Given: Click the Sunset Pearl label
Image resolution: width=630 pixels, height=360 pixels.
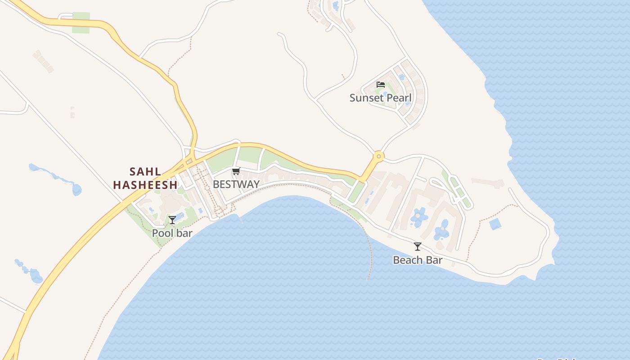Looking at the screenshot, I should tap(380, 98).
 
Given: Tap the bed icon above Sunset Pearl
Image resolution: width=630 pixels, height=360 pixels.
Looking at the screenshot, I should tap(381, 84).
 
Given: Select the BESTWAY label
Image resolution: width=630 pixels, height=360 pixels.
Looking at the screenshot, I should tap(236, 184).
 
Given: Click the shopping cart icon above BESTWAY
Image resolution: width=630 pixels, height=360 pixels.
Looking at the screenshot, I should tap(236, 171).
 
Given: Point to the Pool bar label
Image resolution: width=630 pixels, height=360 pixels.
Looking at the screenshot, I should tap(172, 233).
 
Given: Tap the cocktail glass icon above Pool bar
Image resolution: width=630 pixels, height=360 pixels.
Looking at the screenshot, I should tap(172, 220).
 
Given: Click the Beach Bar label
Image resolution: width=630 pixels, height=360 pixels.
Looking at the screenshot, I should tap(418, 260).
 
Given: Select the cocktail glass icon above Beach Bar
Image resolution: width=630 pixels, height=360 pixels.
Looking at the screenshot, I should tap(418, 246).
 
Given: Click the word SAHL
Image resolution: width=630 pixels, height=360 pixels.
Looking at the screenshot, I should tap(145, 171).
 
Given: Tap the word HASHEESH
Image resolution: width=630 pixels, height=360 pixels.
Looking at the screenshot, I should tap(145, 184).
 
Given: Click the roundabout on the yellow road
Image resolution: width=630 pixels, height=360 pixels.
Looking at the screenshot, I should tap(378, 157).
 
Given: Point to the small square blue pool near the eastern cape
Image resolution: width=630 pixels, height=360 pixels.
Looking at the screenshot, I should tap(495, 224).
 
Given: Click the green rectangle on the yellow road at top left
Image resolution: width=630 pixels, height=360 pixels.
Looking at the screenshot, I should tap(81, 22).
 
